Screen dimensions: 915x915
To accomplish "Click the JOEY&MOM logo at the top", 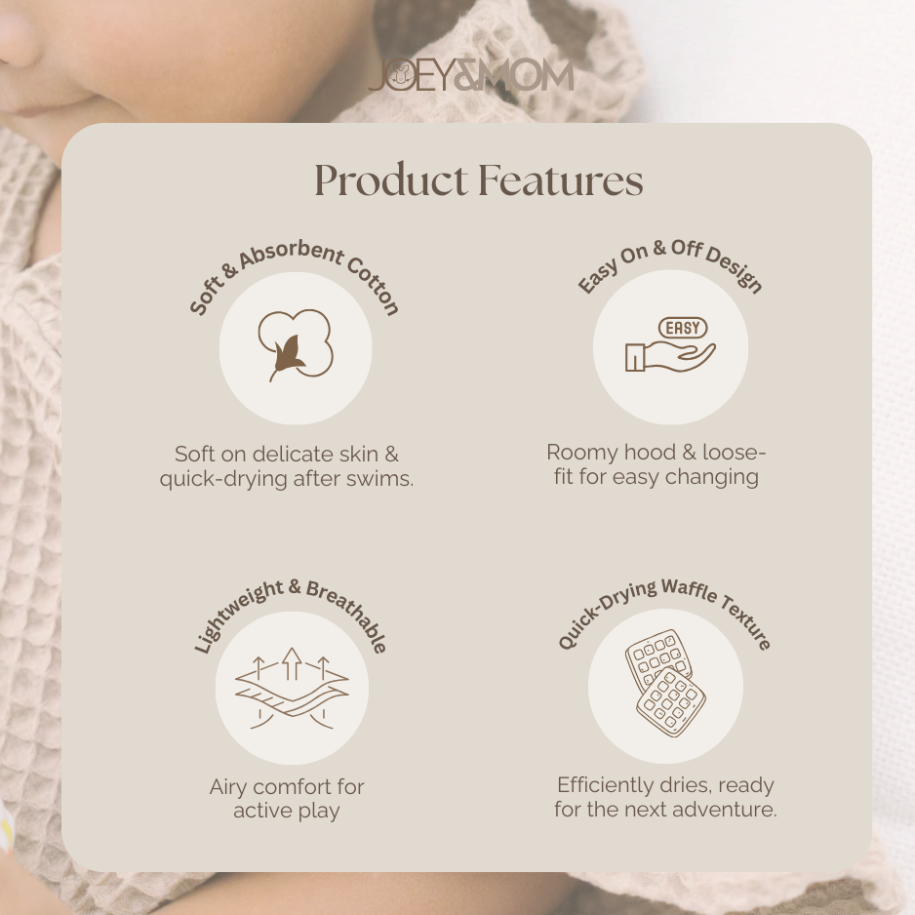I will pos(470,76).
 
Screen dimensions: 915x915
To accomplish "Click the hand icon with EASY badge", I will pos(670,348).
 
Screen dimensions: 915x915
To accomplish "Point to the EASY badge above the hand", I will pos(683,329).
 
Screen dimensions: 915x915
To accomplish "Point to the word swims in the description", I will pos(381,480).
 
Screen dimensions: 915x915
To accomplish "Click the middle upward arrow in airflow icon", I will pos(291,664).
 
